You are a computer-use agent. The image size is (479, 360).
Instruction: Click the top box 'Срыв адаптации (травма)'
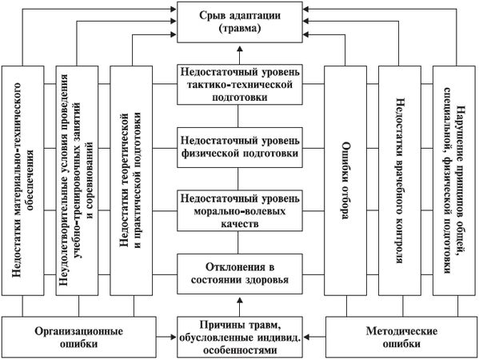pos(239,22)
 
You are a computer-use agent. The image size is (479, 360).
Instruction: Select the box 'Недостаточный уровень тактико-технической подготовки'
pos(239,84)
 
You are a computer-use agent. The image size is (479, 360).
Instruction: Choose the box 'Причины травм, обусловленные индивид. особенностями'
pos(239,335)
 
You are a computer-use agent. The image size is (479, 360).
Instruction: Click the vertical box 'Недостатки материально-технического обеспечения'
pos(24,186)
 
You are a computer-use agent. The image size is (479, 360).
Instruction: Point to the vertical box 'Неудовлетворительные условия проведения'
pos(78,186)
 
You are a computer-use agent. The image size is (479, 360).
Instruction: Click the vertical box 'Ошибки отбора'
pos(344,186)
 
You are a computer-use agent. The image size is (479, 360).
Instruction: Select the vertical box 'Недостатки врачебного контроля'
pos(398,186)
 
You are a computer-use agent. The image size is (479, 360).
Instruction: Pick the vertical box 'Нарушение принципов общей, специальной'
pos(453,186)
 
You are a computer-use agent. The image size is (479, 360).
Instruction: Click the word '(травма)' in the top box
pos(239,30)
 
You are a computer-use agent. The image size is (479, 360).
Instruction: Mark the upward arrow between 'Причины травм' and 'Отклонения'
pos(239,304)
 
